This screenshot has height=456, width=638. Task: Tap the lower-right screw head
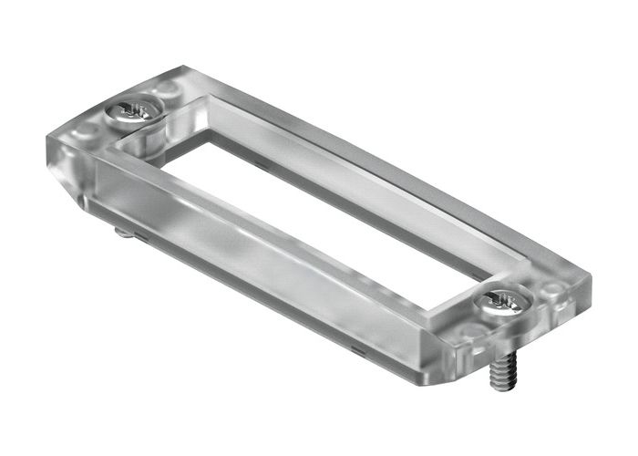click(502, 302)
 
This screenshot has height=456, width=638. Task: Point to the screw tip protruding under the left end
click(122, 232)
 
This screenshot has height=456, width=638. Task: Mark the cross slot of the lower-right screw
click(503, 299)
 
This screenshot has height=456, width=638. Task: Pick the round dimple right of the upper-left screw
click(168, 89)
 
